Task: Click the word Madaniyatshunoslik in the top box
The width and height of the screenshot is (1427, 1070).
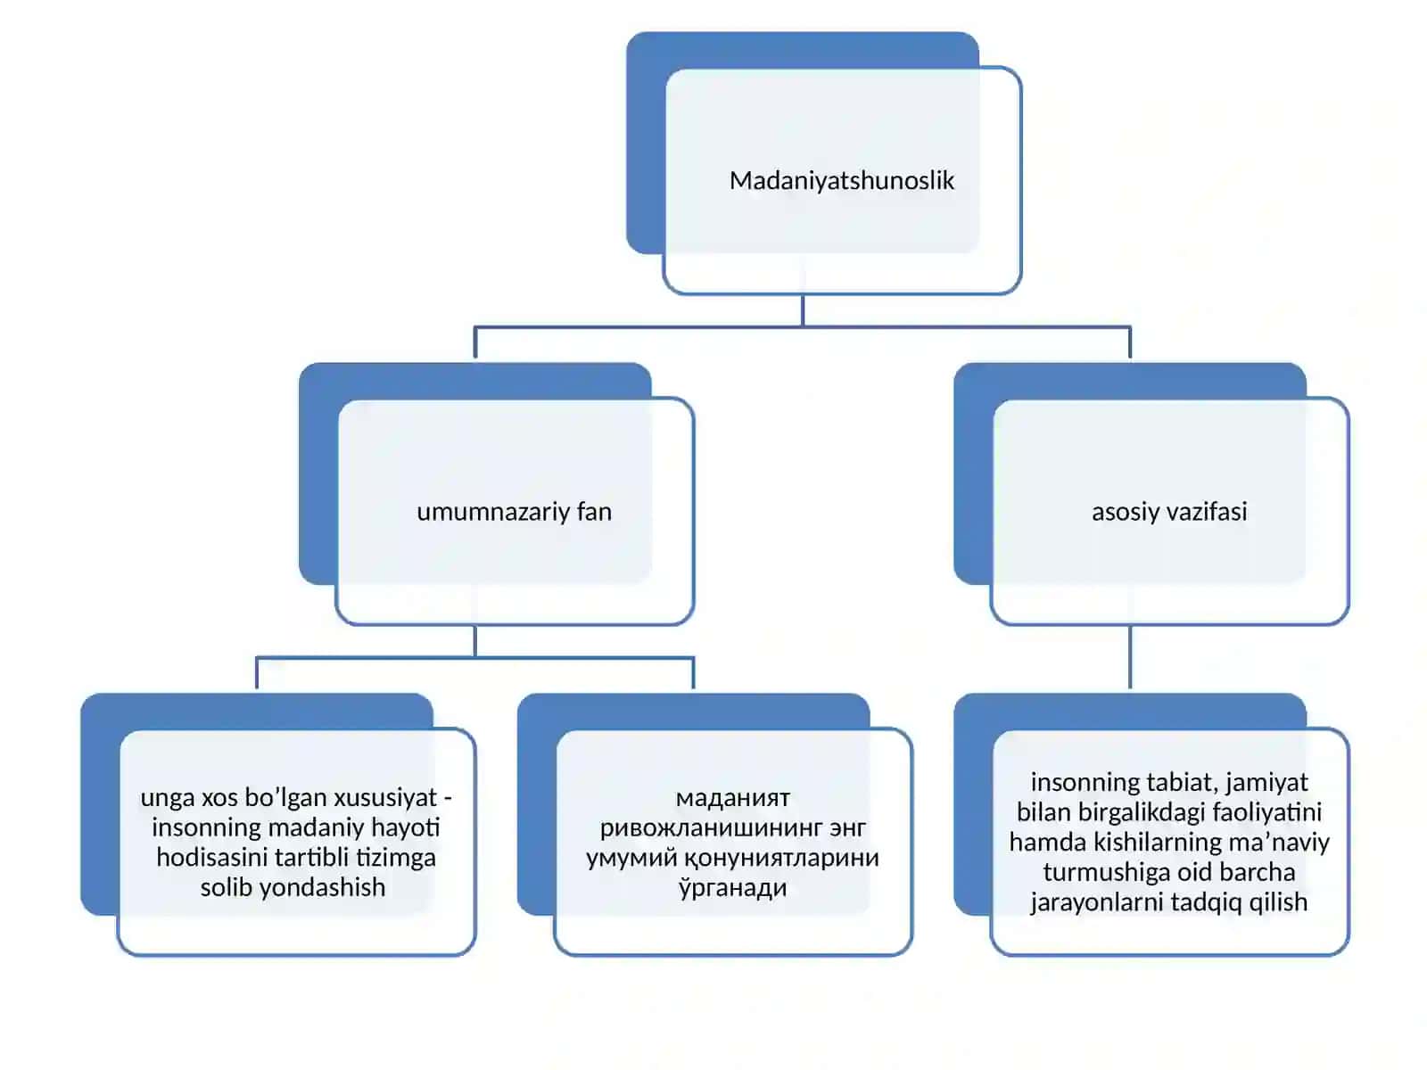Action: [841, 181]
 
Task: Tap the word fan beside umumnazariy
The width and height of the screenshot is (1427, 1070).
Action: [594, 511]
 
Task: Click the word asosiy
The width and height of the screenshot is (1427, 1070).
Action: [1124, 512]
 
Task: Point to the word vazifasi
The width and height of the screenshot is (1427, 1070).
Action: [1205, 511]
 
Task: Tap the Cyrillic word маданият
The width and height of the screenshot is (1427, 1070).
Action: [733, 798]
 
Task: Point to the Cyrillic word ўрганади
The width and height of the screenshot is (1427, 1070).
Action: [733, 887]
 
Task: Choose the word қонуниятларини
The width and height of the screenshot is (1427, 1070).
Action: [780, 858]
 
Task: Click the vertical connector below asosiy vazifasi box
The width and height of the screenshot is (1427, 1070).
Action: [1130, 656]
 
